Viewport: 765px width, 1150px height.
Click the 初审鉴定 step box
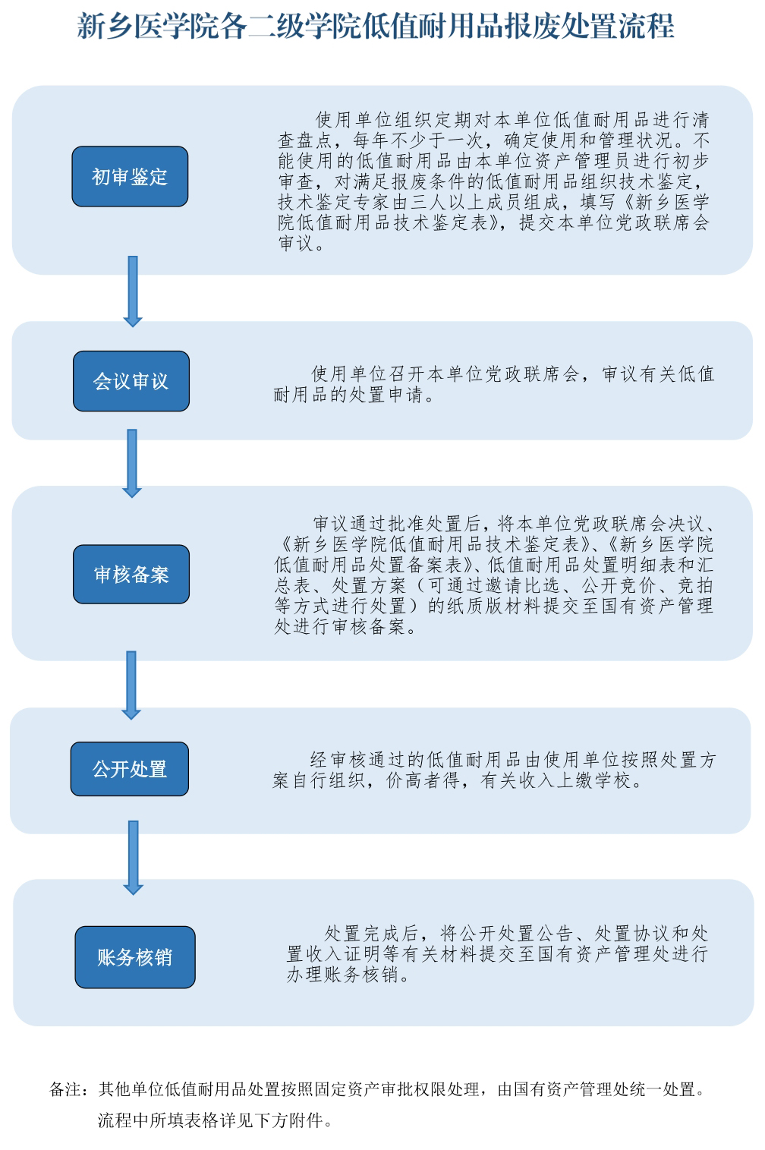pos(130,177)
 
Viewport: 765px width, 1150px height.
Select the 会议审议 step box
pos(131,381)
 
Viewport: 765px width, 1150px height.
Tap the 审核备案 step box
pos(131,574)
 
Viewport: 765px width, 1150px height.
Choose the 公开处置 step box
pos(129,768)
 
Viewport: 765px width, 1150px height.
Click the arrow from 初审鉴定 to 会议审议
pos(133,291)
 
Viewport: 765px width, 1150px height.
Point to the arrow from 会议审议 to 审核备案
pos(132,463)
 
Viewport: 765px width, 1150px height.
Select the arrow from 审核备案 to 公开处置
pos(131,685)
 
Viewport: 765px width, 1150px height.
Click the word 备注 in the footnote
pos(65,1089)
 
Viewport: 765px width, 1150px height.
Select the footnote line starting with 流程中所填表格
pos(215,1120)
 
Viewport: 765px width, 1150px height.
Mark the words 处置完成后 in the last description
pos(370,933)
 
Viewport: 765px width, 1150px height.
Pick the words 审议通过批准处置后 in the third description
pos(396,524)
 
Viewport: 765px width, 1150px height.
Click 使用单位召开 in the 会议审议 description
pos(360,373)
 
